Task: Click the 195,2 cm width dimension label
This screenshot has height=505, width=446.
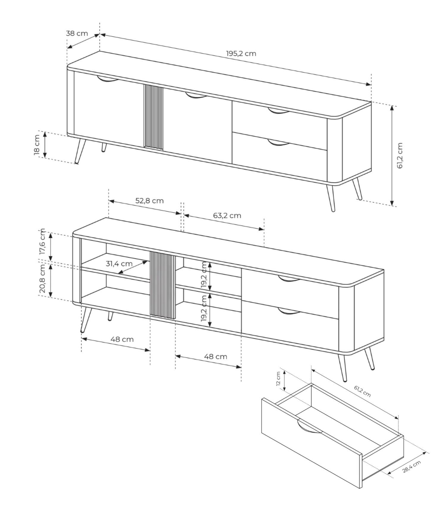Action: tap(241, 53)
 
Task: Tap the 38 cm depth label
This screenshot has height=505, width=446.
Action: tap(77, 33)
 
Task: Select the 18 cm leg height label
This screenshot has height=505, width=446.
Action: tap(37, 145)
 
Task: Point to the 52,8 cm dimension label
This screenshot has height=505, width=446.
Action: tap(150, 201)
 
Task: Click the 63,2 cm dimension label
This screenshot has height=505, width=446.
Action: tap(227, 215)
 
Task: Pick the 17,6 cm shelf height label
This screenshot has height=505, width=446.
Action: tap(42, 242)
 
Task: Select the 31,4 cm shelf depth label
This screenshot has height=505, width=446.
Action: tap(119, 263)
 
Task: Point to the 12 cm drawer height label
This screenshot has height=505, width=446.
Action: tap(278, 379)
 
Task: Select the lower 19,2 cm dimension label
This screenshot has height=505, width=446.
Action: tap(204, 309)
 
